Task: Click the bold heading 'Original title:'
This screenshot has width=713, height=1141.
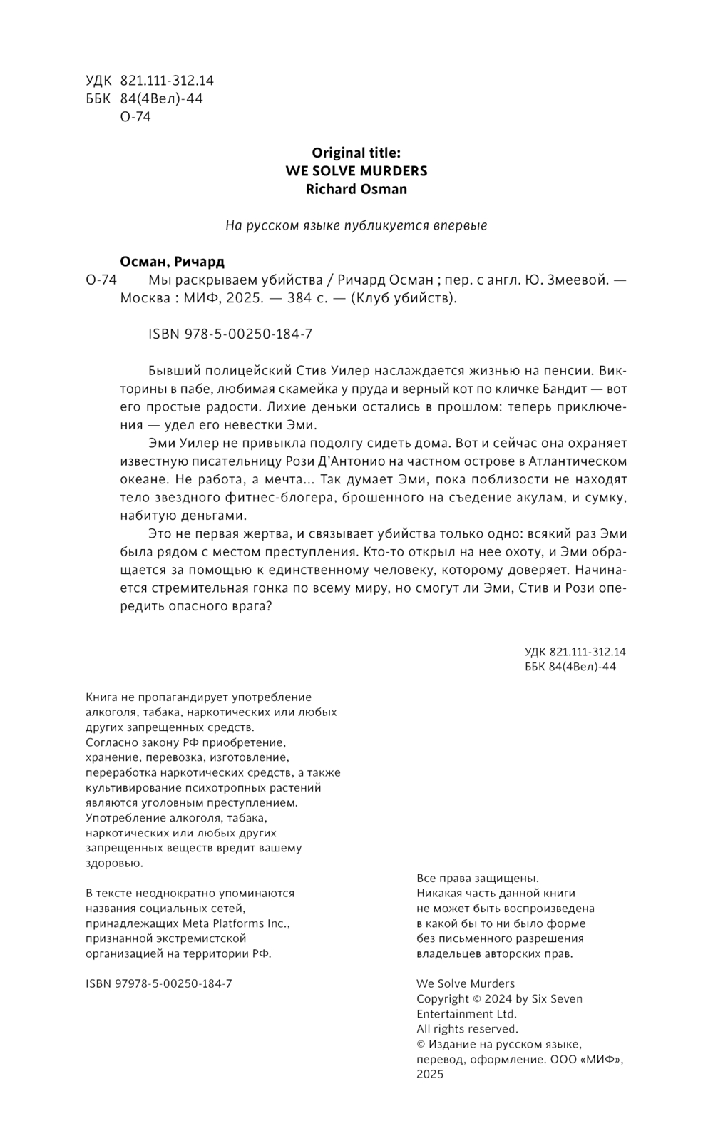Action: (356, 153)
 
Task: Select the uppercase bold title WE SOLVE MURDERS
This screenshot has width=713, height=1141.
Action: (356, 171)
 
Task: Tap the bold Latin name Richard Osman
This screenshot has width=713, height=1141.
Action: (356, 189)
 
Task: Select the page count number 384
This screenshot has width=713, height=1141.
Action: (299, 298)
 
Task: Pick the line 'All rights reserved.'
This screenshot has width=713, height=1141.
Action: (467, 1029)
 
